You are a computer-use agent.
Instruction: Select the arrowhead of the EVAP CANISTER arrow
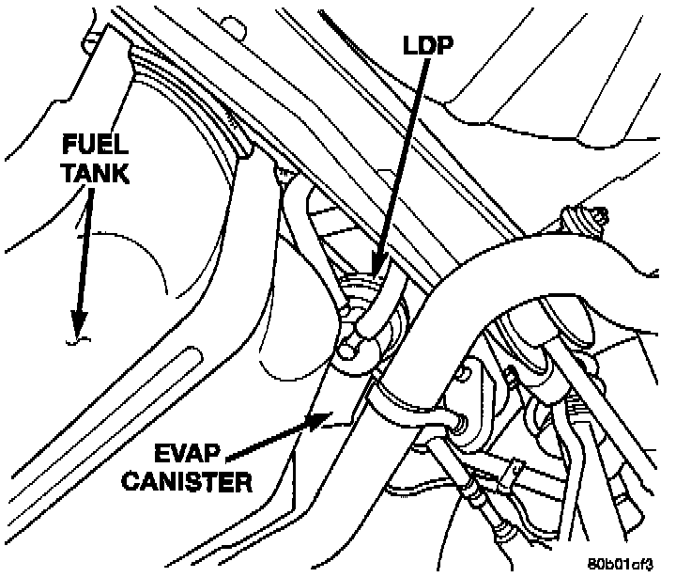click(x=320, y=419)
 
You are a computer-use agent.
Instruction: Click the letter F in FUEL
click(x=70, y=146)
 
